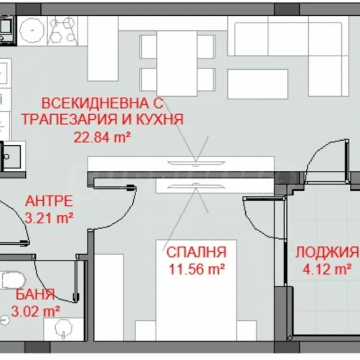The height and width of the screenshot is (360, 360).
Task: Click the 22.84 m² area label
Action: coord(102,138)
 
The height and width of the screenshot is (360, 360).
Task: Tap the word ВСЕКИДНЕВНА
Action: coord(95,103)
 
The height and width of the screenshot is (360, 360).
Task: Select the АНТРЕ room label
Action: coord(49,201)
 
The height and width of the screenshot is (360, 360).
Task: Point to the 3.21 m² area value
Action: coord(49,218)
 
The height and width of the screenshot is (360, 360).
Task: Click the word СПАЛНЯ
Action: coord(196,252)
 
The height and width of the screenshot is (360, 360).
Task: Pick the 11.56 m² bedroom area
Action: coord(197,269)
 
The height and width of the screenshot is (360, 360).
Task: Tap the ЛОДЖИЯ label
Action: coord(327,252)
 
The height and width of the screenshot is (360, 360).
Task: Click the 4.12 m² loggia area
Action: coord(327,269)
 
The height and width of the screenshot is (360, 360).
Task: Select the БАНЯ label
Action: coord(35,295)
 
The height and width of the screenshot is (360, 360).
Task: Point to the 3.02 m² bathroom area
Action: coord(35,312)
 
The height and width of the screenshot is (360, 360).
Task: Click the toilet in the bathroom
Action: coord(12,280)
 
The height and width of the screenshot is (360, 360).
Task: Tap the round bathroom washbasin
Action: coord(64,329)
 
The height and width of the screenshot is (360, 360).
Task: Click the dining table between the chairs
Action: coord(177,63)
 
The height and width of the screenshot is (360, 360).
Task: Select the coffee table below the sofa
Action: coord(258,84)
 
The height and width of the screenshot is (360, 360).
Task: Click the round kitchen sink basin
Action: coord(31,30)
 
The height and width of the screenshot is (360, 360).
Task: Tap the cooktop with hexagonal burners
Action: coord(62,31)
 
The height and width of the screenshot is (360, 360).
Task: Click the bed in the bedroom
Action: coord(196,290)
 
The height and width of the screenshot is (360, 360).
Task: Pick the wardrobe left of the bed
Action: coord(109,298)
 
